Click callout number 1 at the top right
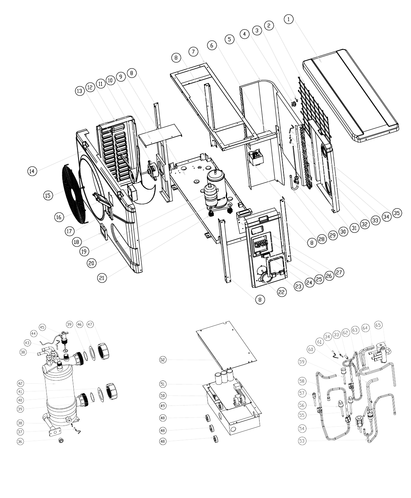click(x=288, y=19)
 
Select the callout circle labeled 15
click(x=48, y=195)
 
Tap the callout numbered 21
click(x=102, y=278)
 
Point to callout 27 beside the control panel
click(x=339, y=272)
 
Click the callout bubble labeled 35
click(x=397, y=213)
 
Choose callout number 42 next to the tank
click(x=20, y=383)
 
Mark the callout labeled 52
click(x=163, y=360)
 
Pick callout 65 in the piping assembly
click(x=378, y=325)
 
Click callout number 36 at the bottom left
click(x=20, y=441)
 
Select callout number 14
click(x=32, y=171)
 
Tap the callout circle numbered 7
click(x=193, y=51)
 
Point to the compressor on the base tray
click(x=215, y=191)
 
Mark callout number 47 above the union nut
click(x=90, y=324)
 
